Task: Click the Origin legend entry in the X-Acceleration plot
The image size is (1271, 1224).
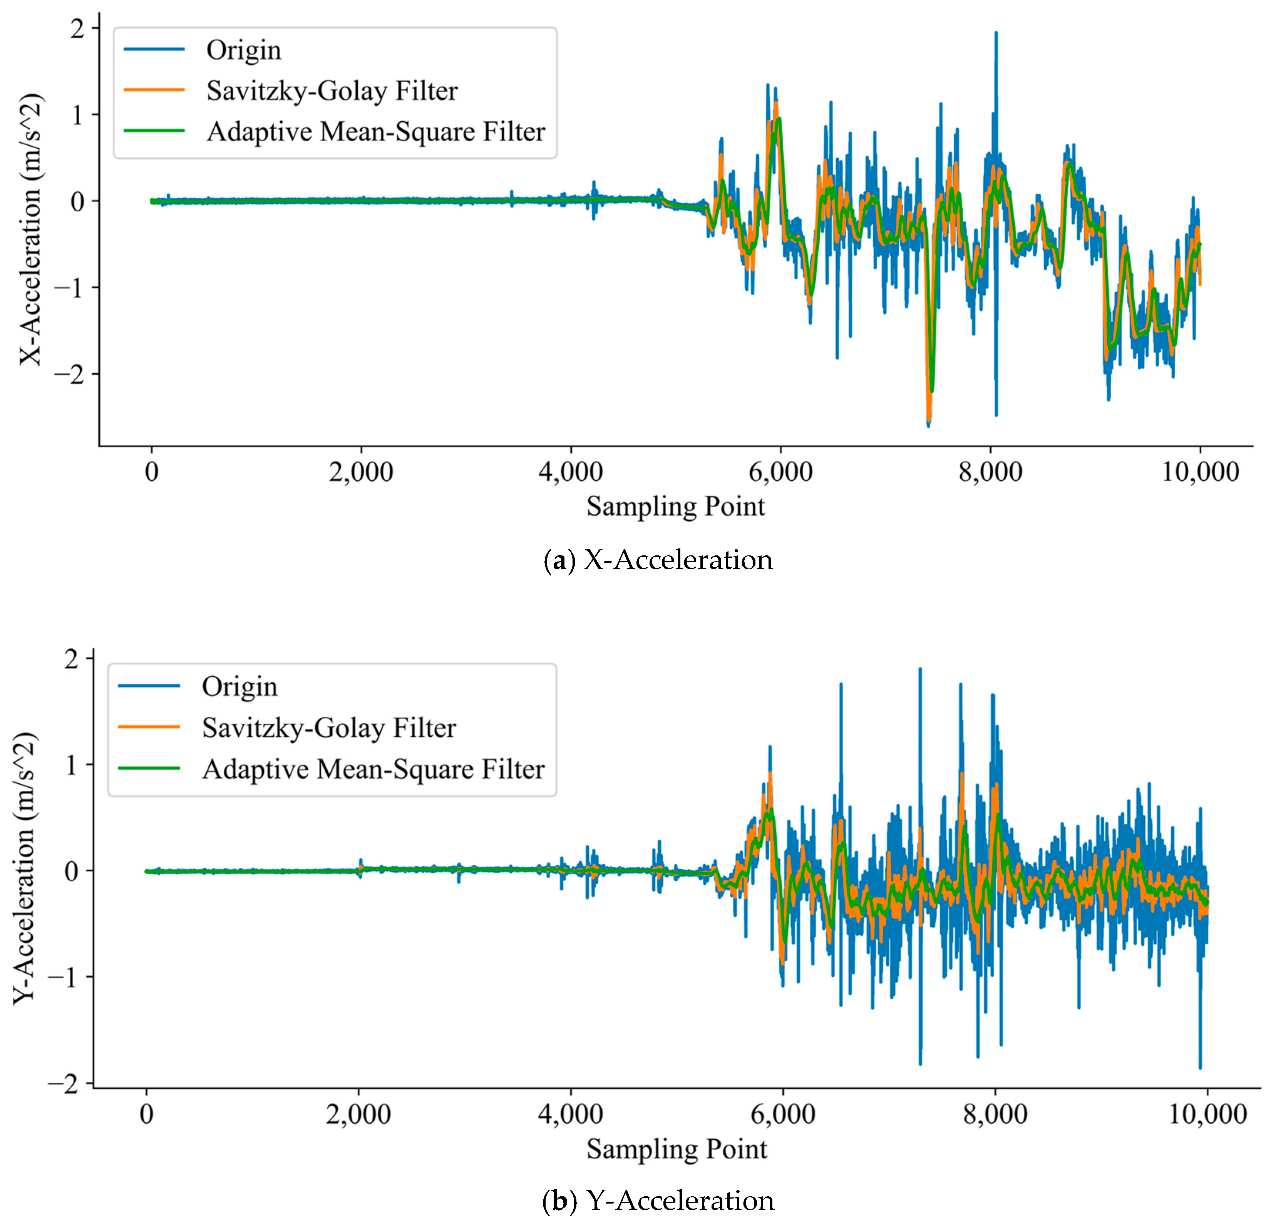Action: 243,50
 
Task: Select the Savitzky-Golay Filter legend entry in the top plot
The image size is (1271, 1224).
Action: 332,91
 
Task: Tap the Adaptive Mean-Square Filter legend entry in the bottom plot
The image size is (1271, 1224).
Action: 373,769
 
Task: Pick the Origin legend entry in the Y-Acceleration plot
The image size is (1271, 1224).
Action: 239,686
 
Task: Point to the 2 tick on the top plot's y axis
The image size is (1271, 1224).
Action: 77,29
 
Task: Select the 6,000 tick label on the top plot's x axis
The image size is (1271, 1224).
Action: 780,471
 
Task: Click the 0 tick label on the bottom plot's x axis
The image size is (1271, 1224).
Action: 147,1114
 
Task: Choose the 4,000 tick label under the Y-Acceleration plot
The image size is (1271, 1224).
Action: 571,1114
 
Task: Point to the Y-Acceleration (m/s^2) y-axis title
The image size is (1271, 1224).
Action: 25,870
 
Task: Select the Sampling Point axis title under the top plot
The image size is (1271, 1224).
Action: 676,506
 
